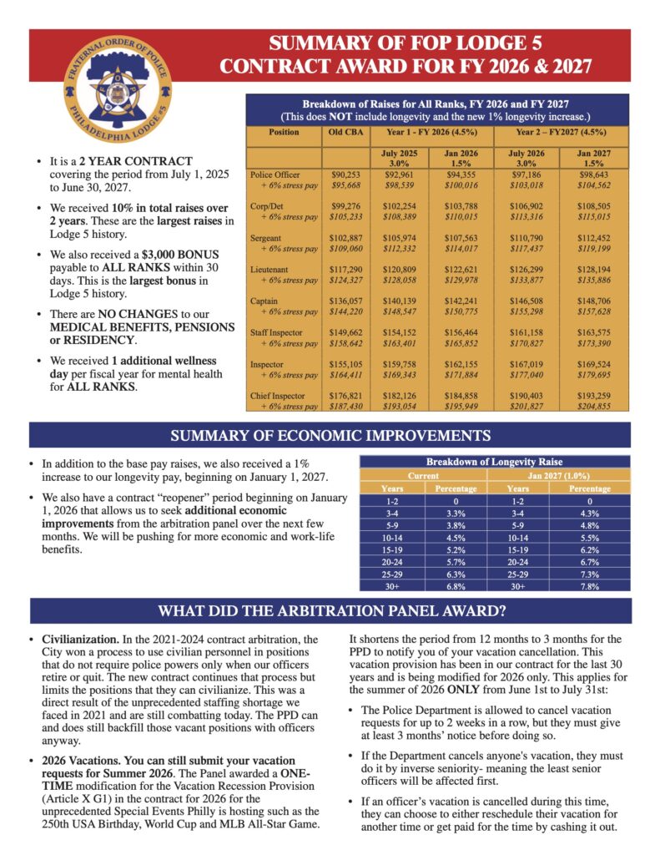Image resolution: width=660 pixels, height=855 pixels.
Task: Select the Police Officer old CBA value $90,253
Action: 340,175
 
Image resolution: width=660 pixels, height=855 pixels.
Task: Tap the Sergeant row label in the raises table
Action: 267,239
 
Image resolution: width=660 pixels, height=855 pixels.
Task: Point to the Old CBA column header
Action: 340,133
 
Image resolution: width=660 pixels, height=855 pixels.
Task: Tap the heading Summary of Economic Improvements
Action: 330,435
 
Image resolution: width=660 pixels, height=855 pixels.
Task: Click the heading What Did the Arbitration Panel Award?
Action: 330,610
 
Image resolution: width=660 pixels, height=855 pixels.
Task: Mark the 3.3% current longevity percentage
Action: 456,512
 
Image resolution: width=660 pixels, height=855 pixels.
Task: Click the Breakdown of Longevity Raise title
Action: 494,462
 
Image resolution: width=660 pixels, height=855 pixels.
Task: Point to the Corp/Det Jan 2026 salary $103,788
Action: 457,207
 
